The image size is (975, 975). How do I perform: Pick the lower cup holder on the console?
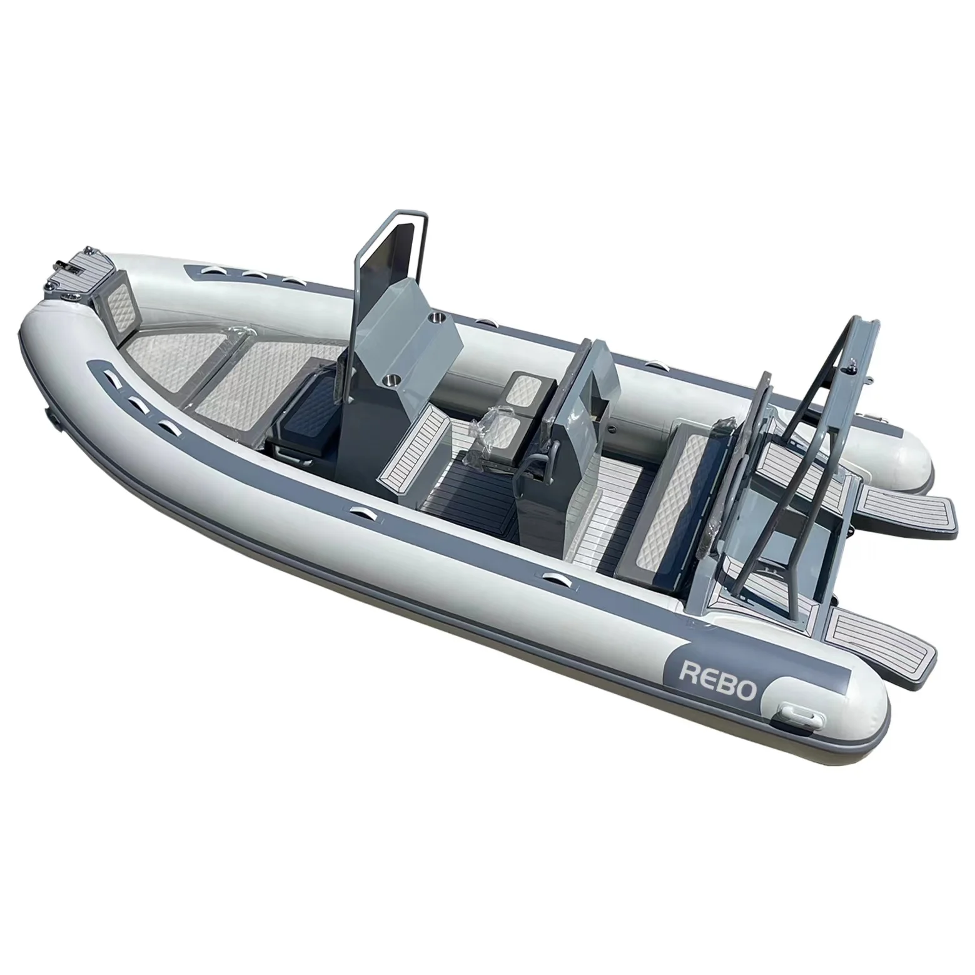pos(391,378)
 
